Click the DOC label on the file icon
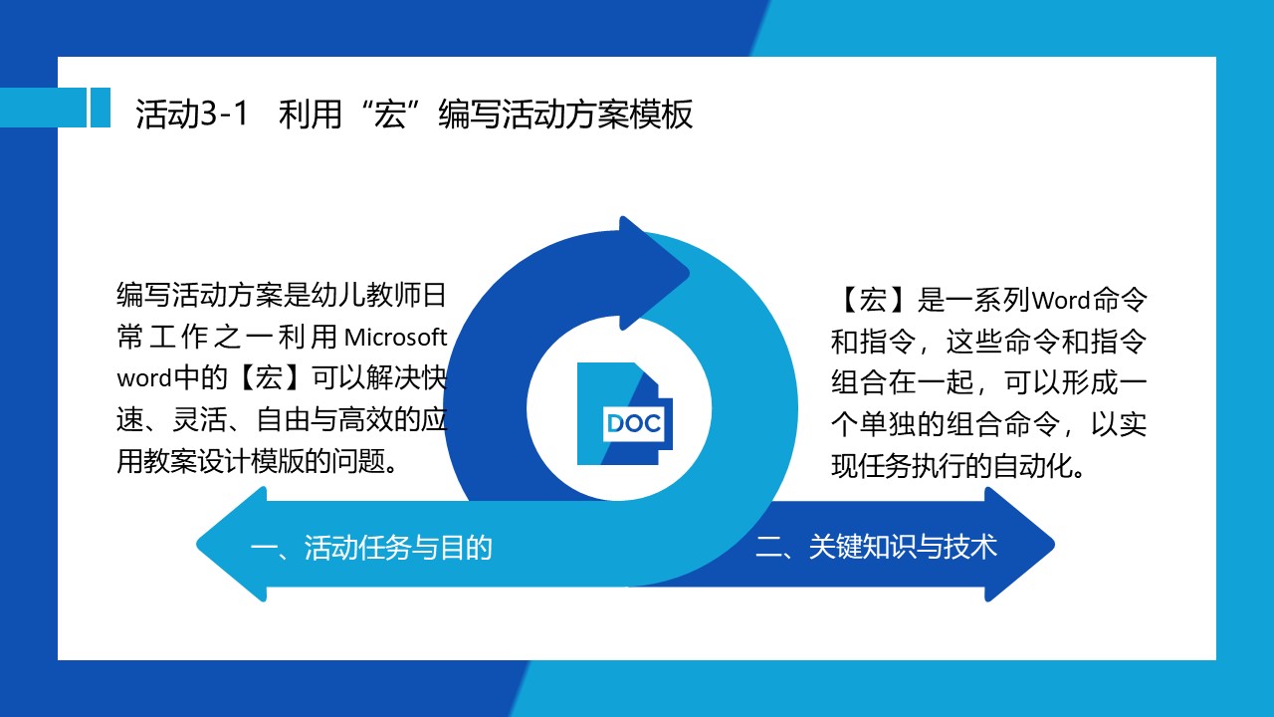pos(634,423)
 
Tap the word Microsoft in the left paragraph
pos(395,338)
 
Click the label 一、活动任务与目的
pos(371,548)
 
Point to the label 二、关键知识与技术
pos(876,547)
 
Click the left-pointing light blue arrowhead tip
pos(197,545)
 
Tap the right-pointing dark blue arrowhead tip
pos(1054,545)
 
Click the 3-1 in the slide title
pos(224,114)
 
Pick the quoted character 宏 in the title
pos(390,114)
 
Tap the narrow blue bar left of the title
pos(101,107)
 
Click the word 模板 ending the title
pos(662,114)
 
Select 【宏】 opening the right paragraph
pos(873,300)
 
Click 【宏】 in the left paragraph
pos(269,377)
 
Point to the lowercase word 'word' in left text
pos(144,378)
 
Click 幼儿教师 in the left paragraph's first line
pos(365,295)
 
